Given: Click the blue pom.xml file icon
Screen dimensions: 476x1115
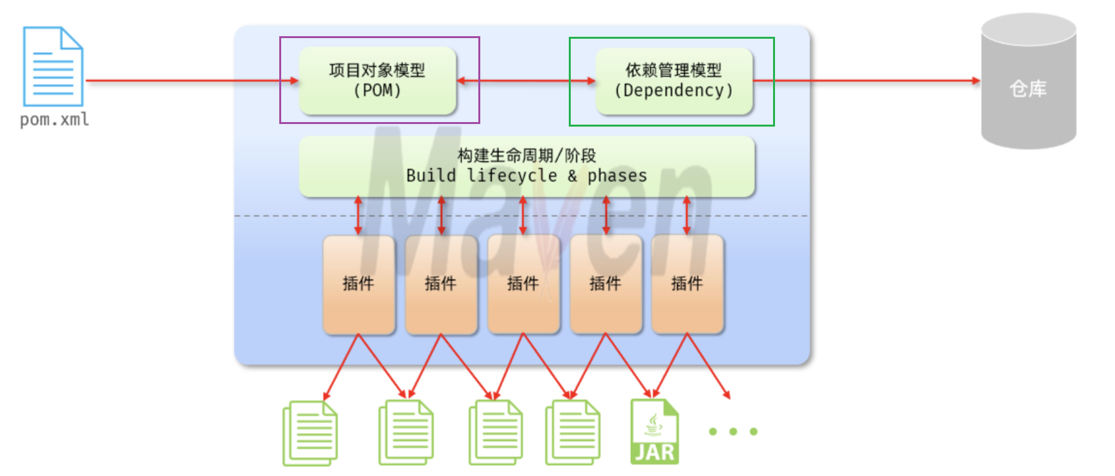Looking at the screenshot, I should (x=53, y=67).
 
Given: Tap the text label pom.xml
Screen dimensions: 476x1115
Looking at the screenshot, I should (x=54, y=120).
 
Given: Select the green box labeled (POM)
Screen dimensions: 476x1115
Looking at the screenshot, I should (x=377, y=81).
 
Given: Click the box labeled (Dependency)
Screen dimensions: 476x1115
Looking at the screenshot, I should (x=674, y=81).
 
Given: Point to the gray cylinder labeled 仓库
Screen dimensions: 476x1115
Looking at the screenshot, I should (x=1028, y=84).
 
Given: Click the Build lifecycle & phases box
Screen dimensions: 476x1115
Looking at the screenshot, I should (x=526, y=166).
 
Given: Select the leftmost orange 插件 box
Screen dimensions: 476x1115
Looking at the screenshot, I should (x=359, y=284).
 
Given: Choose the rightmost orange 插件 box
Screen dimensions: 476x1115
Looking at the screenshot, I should (x=687, y=284).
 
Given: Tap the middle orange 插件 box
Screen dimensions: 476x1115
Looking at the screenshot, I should (x=523, y=284).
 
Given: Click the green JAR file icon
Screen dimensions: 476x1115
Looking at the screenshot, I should (x=654, y=432).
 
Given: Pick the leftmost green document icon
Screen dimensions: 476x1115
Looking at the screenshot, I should (x=310, y=433).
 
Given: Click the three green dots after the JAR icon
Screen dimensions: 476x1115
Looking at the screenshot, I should (x=733, y=431).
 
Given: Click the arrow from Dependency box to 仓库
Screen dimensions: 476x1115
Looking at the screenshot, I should (x=866, y=81).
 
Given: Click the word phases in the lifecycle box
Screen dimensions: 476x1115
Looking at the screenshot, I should (x=617, y=176).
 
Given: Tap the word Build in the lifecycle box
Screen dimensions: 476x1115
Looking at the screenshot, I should (x=430, y=176).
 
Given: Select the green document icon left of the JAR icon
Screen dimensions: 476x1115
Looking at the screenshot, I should (x=573, y=433).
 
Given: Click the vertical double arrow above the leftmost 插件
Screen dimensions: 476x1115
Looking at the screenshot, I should (x=359, y=216).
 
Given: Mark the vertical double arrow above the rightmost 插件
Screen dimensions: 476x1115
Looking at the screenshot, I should (x=687, y=216).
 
